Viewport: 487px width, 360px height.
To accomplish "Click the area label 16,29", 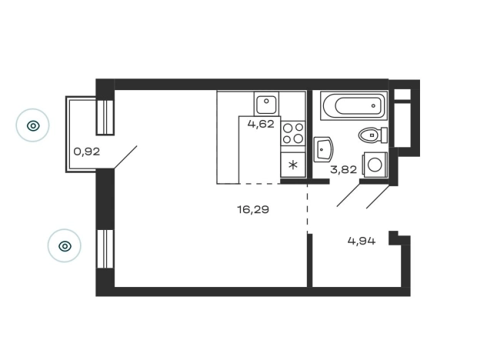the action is coord(253,210).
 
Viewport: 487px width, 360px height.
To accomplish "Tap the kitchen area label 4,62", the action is coord(261,124).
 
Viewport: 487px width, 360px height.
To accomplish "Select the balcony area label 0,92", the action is coord(87,152).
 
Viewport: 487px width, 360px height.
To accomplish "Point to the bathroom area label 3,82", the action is coord(343,169).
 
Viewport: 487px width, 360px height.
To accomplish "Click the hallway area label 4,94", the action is coord(362,241).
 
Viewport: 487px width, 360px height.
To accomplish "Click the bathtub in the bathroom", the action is coord(354,105).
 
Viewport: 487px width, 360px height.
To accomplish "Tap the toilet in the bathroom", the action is coord(372,135).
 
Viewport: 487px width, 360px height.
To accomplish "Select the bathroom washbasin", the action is coord(323,149).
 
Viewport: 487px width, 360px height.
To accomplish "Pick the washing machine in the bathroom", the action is coord(375,165).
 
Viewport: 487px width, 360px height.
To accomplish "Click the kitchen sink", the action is coord(266,104).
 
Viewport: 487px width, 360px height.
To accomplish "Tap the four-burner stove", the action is coord(292,133).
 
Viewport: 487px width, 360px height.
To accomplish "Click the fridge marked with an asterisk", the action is coord(292,165).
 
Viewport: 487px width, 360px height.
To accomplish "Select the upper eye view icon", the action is coord(32,125).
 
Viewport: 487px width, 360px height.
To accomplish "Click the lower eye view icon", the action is coord(65,246).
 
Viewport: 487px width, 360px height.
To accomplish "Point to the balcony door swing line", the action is coord(125,157).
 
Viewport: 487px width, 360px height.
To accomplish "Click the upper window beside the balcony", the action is coord(105,117).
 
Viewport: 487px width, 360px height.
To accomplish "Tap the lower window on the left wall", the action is coord(105,248).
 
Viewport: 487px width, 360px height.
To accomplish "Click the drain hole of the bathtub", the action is coord(373,105).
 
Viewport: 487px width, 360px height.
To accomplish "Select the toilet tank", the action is coord(384,135).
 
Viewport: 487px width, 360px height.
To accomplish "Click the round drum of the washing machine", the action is coord(375,165).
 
